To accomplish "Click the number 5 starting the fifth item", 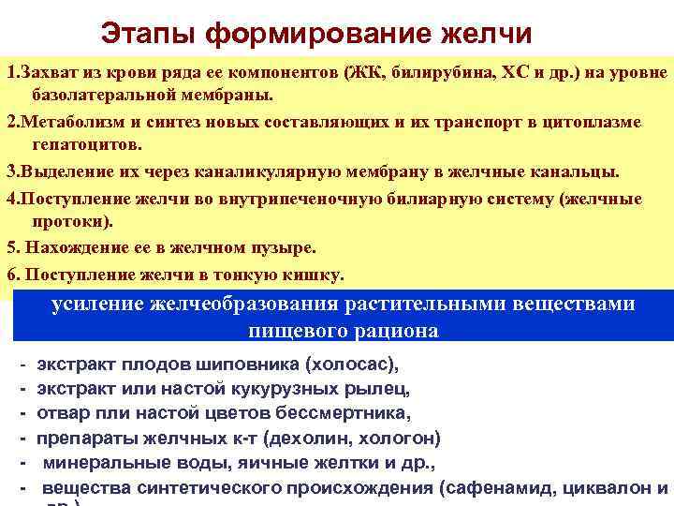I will click(x=11, y=248).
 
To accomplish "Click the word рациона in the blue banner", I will click(x=391, y=330).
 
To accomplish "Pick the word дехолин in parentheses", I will click(x=321, y=437).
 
